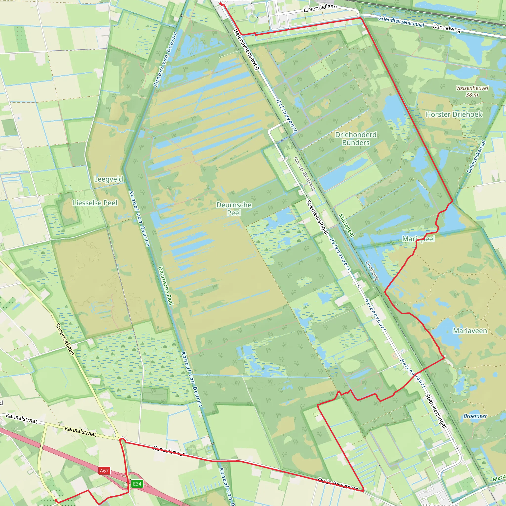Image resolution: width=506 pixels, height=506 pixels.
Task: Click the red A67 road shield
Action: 104,471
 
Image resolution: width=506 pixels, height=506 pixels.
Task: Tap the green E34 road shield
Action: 137,484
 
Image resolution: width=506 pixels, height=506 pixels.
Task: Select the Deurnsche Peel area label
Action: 234,209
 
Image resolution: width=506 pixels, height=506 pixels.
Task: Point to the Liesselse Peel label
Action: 95,203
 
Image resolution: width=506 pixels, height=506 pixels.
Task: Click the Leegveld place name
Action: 108,179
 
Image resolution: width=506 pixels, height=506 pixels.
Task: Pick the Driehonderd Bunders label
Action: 356,139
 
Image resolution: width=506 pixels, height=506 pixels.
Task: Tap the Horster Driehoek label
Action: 454,114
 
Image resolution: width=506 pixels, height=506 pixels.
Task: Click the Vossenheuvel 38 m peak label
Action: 472,91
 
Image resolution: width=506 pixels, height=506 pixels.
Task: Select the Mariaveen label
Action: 470,331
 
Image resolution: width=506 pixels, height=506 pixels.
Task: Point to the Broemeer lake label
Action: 475,416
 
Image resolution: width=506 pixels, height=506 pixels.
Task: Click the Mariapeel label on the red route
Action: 418,239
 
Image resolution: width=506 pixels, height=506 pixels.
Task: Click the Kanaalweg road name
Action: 446,28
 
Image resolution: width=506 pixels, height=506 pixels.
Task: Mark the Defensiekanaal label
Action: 476,157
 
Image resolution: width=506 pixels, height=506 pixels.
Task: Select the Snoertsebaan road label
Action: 65,339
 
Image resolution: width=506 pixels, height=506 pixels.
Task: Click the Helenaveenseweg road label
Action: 246,49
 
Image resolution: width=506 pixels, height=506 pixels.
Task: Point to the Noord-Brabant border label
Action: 304,173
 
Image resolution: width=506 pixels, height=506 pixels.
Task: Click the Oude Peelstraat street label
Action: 337,484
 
